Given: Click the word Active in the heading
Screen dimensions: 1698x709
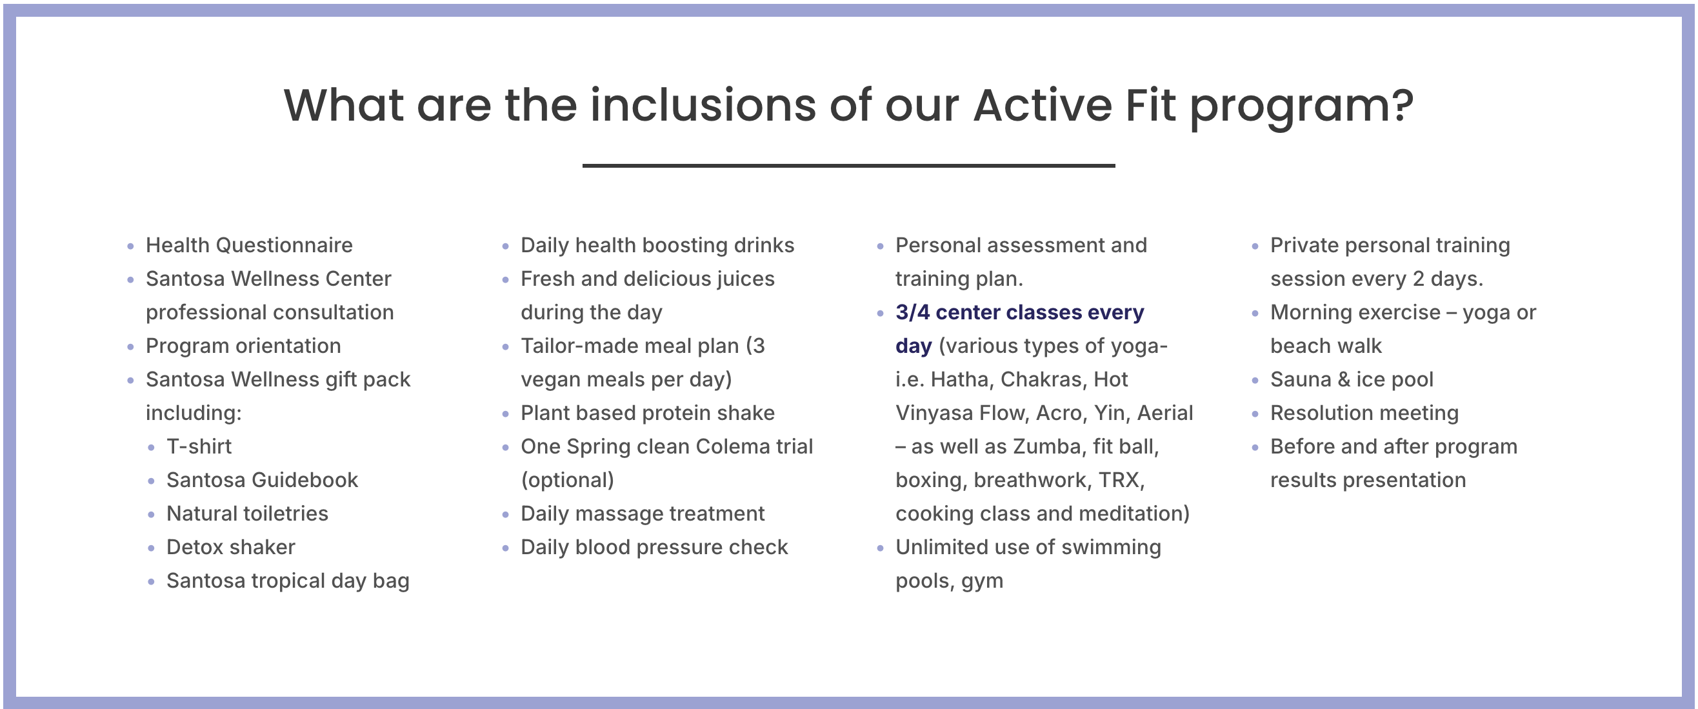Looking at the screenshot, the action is [1042, 105].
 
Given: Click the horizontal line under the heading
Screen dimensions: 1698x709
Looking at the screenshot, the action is [848, 165].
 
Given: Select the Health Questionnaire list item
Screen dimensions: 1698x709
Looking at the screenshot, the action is [249, 245].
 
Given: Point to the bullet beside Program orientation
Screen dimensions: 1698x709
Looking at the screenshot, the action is [130, 346].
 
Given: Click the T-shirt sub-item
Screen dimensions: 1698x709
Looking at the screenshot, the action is [199, 446].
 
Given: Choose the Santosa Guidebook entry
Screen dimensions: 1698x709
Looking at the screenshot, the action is [263, 481].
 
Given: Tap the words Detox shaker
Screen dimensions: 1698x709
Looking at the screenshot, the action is [231, 547].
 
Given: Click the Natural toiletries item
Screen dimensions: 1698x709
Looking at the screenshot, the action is [247, 514].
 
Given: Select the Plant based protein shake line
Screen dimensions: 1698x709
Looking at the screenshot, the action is [647, 413].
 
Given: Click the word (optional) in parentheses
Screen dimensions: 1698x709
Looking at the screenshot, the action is [568, 481].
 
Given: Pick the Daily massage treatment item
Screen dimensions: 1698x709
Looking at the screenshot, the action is [643, 514].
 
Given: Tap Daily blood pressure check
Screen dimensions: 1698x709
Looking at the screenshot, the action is [654, 547].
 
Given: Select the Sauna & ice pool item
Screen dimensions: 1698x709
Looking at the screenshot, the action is [1352, 379].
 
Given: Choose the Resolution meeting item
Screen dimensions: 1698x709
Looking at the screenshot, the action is [1364, 413].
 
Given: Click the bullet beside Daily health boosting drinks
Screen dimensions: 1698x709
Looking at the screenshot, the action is [506, 246].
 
